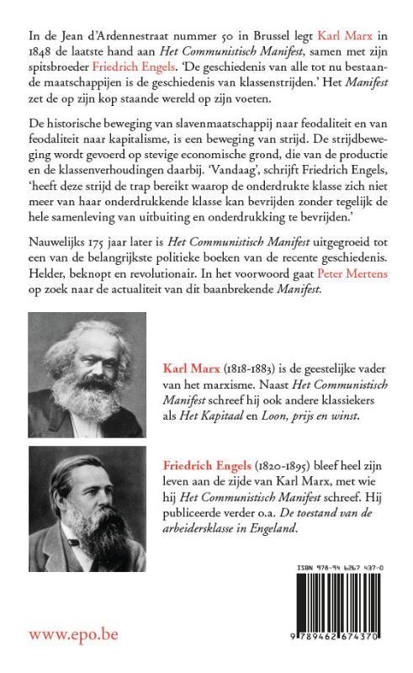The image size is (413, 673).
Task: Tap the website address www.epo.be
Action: (73, 633)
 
